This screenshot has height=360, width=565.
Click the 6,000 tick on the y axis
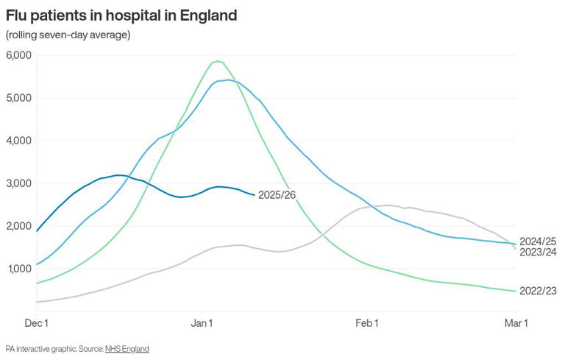pos(18,55)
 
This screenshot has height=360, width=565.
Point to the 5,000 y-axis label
pos(18,98)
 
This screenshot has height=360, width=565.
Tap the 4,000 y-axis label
pos(18,141)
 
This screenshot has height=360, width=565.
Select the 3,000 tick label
pos(18,183)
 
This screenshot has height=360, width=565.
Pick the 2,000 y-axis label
pos(18,226)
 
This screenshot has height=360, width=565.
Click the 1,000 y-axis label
pos(18,269)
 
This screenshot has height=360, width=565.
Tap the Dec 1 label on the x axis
pos(36,323)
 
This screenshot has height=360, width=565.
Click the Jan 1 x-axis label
pos(202,323)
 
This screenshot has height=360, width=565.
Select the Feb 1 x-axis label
pos(366,323)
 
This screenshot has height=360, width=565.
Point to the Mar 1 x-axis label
pos(515,323)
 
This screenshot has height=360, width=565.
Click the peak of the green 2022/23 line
pos(217,61)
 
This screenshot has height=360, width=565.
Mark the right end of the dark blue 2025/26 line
pos(255,194)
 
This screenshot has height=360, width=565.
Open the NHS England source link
pos(127,348)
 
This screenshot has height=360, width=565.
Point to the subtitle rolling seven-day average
pos(68,35)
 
